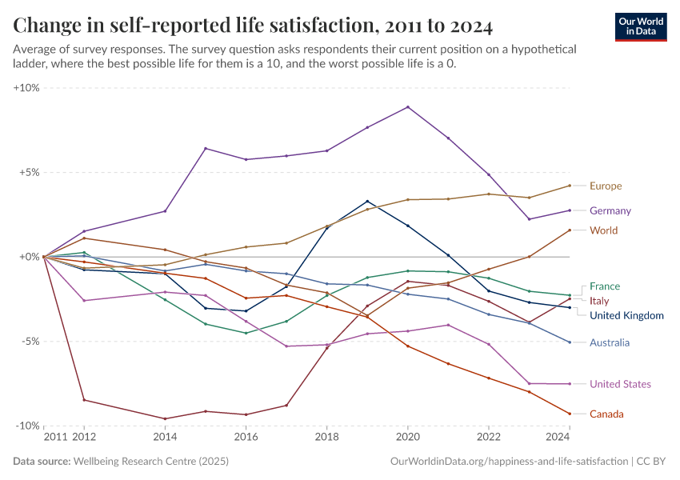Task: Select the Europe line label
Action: (x=606, y=186)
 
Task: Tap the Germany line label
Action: (x=610, y=211)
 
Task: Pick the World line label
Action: (x=604, y=230)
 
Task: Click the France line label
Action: (x=605, y=286)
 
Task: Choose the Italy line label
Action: (x=600, y=301)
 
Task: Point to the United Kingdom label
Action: (x=626, y=315)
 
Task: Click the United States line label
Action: (x=620, y=384)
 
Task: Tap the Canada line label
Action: (x=606, y=414)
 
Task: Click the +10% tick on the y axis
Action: (x=26, y=88)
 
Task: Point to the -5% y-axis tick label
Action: (x=28, y=342)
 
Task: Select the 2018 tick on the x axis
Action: (x=326, y=438)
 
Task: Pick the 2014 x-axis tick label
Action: (x=165, y=438)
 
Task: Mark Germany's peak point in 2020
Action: (x=408, y=107)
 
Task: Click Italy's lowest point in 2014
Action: (x=165, y=418)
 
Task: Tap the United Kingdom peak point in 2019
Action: (x=367, y=202)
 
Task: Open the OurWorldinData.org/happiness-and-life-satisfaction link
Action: (x=508, y=462)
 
